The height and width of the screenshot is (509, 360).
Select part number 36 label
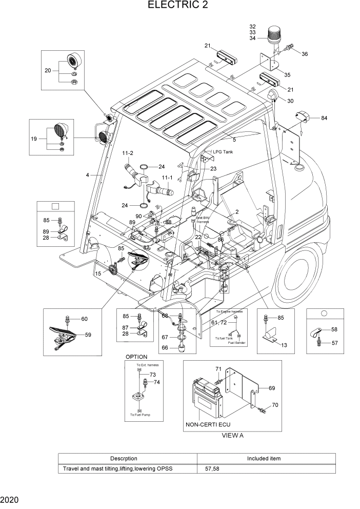305,54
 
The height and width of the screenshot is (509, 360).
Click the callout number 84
324,118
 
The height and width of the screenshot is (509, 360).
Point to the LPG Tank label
223,152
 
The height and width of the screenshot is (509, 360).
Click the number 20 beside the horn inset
48,70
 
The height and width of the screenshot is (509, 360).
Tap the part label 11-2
127,153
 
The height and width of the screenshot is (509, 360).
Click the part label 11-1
167,179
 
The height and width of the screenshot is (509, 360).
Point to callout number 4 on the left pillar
87,175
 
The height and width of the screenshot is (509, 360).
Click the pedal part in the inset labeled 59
67,335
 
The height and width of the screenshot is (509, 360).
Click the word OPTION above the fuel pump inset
136,357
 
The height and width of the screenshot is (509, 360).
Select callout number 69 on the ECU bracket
272,388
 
